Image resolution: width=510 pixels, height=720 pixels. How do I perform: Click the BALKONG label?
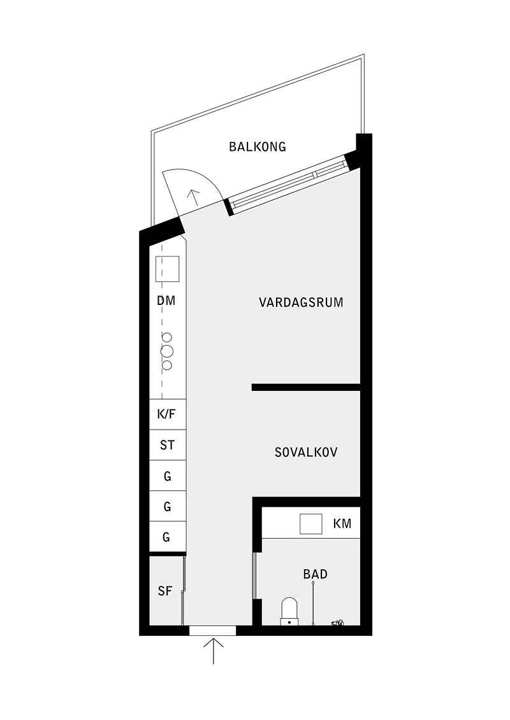tap(257, 147)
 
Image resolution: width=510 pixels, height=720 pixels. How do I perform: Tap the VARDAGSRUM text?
tap(301, 302)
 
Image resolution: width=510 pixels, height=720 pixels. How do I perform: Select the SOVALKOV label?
tap(306, 452)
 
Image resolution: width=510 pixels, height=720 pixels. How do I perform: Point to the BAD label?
tap(315, 574)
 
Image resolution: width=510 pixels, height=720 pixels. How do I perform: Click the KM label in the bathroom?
tap(342, 523)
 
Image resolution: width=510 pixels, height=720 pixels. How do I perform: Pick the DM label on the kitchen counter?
tap(166, 300)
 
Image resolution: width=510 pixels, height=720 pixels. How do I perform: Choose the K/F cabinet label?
tap(166, 414)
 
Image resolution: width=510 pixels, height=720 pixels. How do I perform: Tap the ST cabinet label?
tap(167, 445)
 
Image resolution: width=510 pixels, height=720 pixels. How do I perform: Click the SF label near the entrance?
tap(164, 591)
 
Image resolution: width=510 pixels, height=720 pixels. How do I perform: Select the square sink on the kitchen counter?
tap(168, 269)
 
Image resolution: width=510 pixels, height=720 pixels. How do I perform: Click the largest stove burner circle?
tap(167, 351)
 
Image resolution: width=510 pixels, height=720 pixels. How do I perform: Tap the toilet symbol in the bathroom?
tap(289, 611)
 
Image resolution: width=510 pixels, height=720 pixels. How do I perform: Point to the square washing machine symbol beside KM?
tap(311, 524)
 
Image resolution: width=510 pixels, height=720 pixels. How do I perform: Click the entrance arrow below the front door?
tap(214, 651)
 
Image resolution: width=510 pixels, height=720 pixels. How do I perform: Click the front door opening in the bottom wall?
tap(212, 630)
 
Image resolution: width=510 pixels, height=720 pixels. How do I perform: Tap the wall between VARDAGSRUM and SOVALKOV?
tap(306, 388)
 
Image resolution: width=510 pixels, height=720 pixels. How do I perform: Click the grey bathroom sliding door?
tap(254, 576)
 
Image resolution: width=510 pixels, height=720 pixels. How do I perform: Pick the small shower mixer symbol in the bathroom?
tap(337, 623)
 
